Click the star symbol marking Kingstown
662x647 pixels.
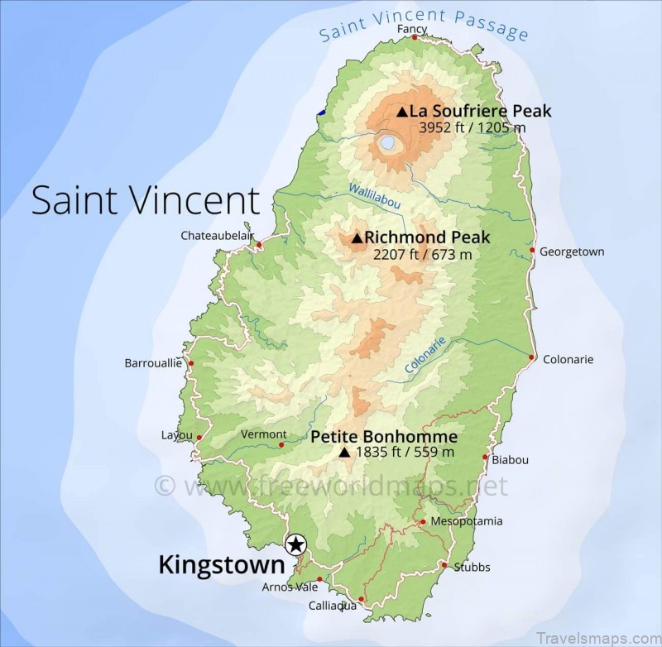coord(295,544)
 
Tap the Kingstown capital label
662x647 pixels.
coord(221,565)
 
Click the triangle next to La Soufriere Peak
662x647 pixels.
coord(401,112)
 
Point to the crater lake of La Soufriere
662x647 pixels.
coord(387,144)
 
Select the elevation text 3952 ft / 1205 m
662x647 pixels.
coord(473,128)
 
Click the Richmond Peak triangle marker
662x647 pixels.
coord(357,238)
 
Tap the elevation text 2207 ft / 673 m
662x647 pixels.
coord(423,255)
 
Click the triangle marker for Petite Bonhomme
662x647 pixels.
coord(344,453)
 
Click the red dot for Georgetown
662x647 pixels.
coord(532,250)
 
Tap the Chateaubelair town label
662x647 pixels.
coord(217,236)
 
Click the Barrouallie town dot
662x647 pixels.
coord(191,363)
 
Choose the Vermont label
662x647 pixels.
coord(263,434)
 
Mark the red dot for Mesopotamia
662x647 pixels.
coord(423,521)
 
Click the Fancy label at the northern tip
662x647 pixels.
coord(412,29)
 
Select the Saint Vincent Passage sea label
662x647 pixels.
coord(424,24)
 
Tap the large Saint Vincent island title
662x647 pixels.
coord(146,201)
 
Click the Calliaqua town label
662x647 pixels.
coord(332,606)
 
